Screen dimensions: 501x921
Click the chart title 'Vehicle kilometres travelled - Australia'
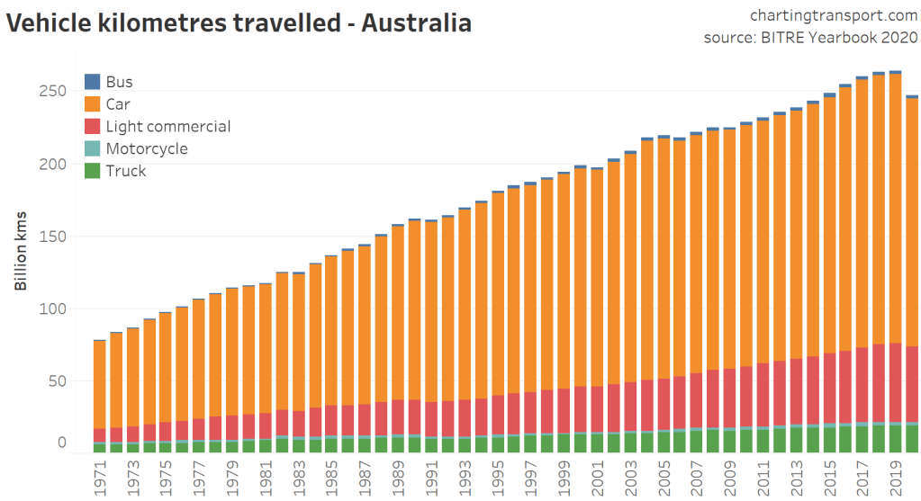(239, 22)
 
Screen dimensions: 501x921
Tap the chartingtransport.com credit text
(833, 14)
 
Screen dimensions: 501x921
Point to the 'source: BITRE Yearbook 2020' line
(810, 38)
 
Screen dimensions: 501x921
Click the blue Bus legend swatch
(92, 82)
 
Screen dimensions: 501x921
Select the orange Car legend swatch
(92, 104)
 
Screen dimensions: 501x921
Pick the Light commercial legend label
(167, 127)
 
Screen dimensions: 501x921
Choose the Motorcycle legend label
(147, 148)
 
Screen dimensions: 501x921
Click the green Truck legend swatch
(92, 171)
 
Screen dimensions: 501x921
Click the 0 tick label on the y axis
(62, 442)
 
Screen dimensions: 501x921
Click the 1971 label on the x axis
(99, 477)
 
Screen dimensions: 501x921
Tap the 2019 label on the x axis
(895, 477)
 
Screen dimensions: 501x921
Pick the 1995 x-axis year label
(497, 477)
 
